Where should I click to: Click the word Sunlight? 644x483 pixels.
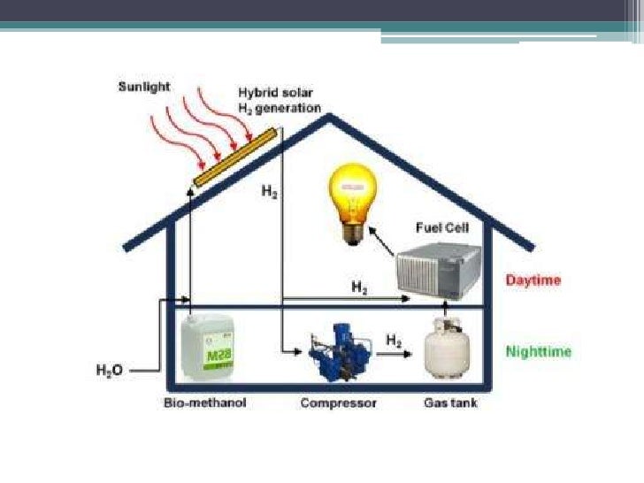click(x=144, y=88)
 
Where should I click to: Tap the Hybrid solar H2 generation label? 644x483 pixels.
click(x=278, y=100)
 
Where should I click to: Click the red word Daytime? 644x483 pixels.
click(x=533, y=280)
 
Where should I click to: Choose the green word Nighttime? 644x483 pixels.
click(x=539, y=351)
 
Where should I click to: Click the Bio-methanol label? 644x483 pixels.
click(x=205, y=403)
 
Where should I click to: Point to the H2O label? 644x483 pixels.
click(x=109, y=371)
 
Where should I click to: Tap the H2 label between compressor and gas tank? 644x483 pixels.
click(x=395, y=338)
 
